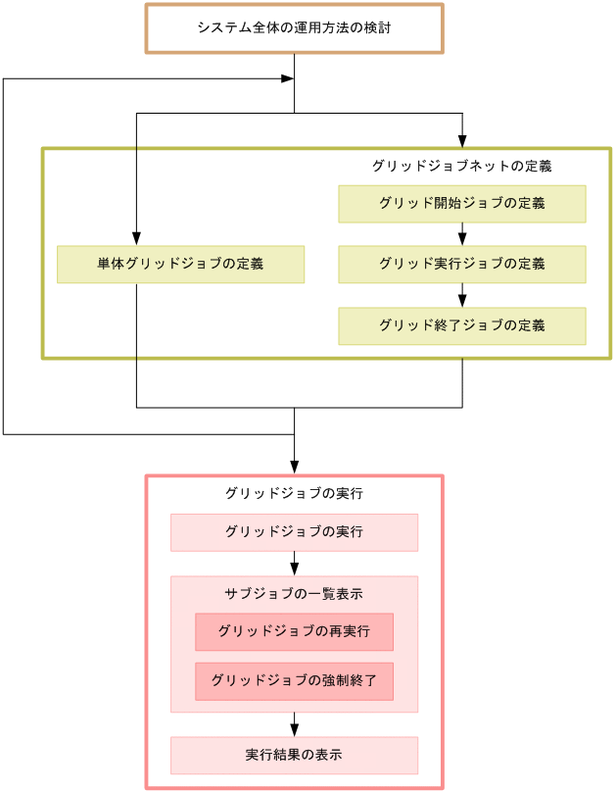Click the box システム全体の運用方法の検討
pos(294,28)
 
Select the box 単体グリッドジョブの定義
pos(180,265)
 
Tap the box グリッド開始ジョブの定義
pos(462,204)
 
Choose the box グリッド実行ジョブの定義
pos(462,265)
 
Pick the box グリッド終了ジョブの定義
pos(462,325)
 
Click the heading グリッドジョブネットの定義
pos(462,166)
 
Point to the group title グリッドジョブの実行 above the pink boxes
pos(294,493)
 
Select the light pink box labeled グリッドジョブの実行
pos(294,532)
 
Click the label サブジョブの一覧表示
pos(294,593)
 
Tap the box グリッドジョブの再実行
pos(294,632)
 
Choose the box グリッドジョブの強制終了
pos(294,681)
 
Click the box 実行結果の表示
pos(294,756)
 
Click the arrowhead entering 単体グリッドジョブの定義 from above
pos(136,238)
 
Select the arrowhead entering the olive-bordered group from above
pos(462,140)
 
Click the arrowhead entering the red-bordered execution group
pos(294,468)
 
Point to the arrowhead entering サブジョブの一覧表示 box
pos(294,569)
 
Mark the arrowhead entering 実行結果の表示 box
pos(294,729)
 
